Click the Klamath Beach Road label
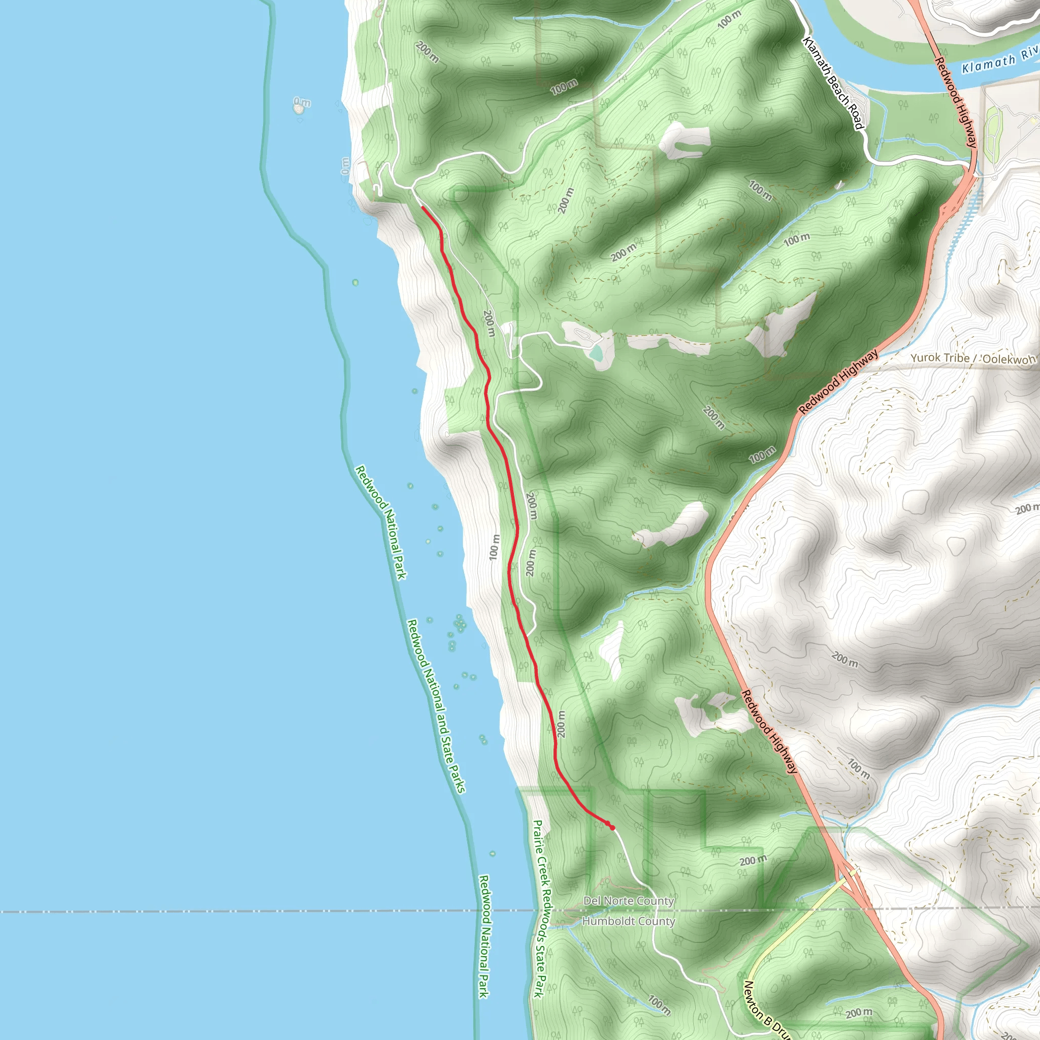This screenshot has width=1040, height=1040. (x=833, y=83)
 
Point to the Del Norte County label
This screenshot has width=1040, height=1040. (x=629, y=901)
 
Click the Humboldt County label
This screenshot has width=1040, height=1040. (x=629, y=922)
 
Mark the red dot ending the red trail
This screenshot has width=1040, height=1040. (x=612, y=828)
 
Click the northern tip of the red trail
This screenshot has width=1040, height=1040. (x=422, y=207)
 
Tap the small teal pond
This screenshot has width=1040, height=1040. (x=596, y=353)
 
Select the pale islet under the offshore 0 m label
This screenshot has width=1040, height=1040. (x=299, y=109)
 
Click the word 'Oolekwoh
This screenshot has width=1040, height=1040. (x=1009, y=360)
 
